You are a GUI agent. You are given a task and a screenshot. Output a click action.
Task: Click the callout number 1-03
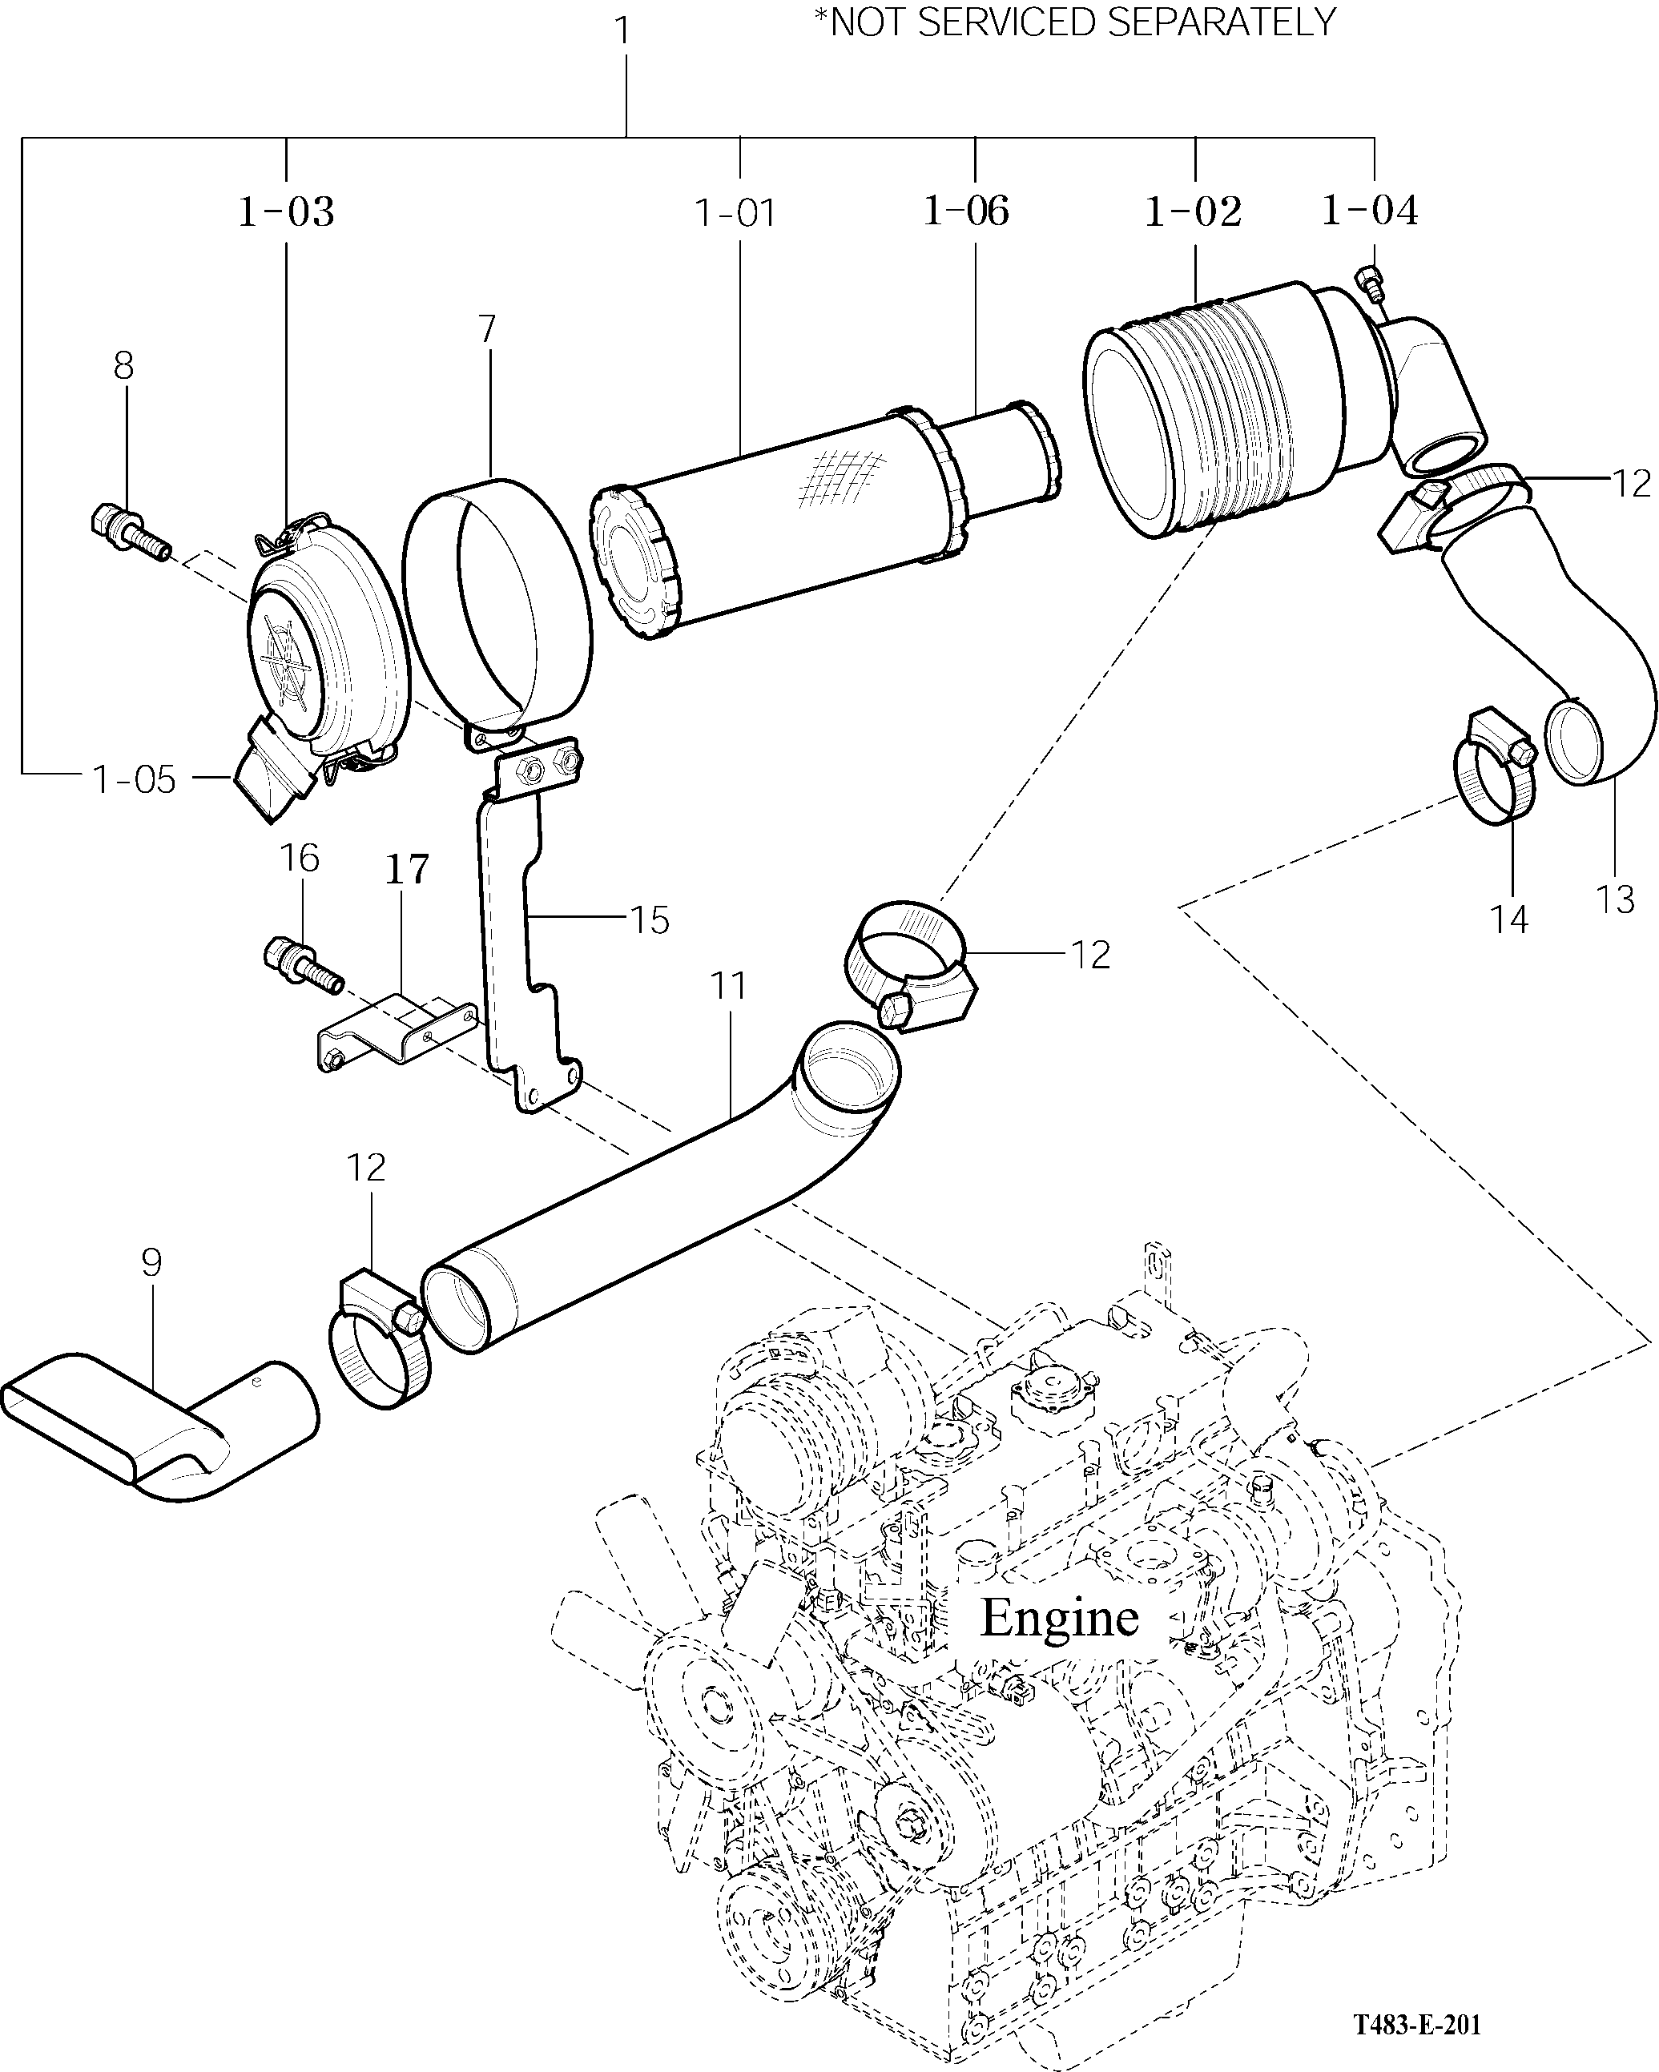tap(287, 212)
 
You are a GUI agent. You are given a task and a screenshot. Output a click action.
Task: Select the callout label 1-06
tap(966, 211)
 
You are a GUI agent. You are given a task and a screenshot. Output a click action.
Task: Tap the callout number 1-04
tap(1370, 210)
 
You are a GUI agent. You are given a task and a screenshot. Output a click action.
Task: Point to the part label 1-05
tap(135, 780)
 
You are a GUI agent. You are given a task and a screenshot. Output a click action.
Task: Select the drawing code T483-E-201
tap(1418, 2021)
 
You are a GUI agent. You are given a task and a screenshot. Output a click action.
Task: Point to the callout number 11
tap(729, 986)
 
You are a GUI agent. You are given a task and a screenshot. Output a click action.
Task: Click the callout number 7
tap(487, 330)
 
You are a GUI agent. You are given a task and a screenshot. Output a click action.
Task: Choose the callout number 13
tap(1615, 899)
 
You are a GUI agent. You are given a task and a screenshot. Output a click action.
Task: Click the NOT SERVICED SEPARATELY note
tap(1074, 21)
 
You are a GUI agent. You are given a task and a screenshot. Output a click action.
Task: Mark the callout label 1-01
tap(735, 212)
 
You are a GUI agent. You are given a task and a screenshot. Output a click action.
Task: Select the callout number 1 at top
tap(623, 30)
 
